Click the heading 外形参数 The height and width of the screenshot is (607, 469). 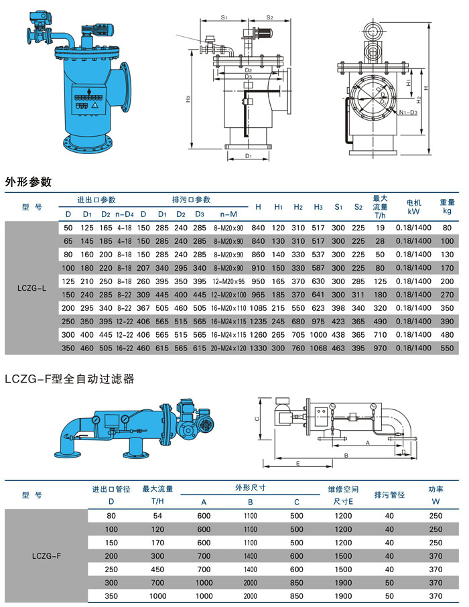coord(28,182)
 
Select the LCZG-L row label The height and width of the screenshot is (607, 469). coord(31,288)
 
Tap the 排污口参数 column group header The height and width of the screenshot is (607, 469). coord(191,200)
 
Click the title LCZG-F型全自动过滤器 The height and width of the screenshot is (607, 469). coord(69,379)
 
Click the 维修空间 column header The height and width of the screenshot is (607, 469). coord(342,489)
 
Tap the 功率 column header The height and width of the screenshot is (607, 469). coord(435,489)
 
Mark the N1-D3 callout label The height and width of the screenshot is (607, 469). coord(407,114)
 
